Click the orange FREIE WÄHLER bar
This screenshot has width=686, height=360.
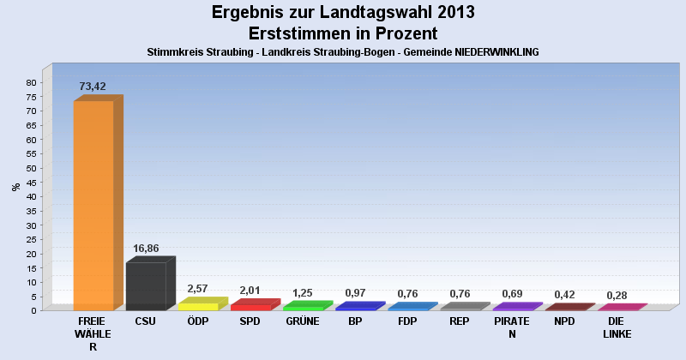[x=93, y=206]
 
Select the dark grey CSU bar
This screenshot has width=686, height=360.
[x=146, y=285]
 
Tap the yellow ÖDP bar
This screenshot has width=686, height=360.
[x=198, y=306]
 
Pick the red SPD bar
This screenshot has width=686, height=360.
[x=250, y=307]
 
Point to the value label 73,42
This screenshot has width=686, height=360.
[x=92, y=87]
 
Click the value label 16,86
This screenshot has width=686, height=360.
[x=145, y=249]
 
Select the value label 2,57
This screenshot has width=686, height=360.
[x=198, y=289]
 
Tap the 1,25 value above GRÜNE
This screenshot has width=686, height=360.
[x=302, y=293]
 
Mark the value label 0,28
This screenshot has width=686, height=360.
[x=617, y=296]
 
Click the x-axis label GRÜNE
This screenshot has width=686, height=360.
[x=302, y=321]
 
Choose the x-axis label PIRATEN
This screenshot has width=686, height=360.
[x=512, y=327]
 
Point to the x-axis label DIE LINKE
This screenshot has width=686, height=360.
[x=617, y=327]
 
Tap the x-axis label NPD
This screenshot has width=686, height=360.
[x=564, y=321]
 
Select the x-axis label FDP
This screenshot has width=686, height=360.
[x=407, y=321]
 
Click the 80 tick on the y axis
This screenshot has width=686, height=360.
[x=30, y=82]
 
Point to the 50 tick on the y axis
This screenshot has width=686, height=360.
[x=30, y=168]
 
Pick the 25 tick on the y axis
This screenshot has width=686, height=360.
[x=30, y=239]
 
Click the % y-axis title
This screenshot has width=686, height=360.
[x=15, y=187]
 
